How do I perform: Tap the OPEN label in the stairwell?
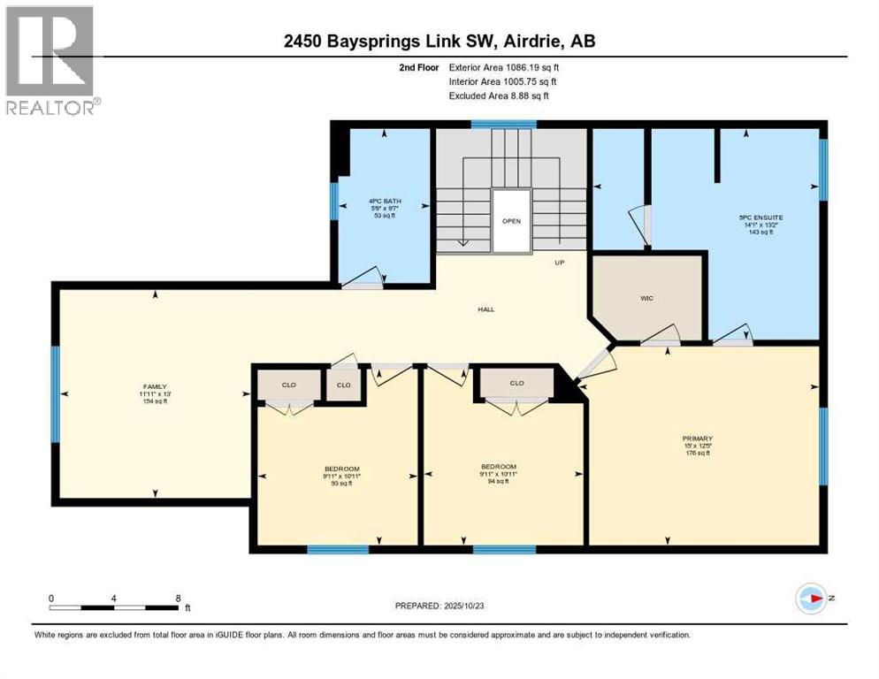point(511,221)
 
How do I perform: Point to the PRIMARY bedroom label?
point(697,439)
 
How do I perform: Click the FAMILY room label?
point(155,386)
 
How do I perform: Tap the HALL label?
point(485,309)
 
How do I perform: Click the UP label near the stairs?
point(559,263)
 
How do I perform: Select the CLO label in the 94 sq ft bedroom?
point(517,383)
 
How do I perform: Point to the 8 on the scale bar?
point(179,598)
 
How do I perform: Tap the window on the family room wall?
point(55,395)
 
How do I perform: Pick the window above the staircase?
point(503,125)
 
